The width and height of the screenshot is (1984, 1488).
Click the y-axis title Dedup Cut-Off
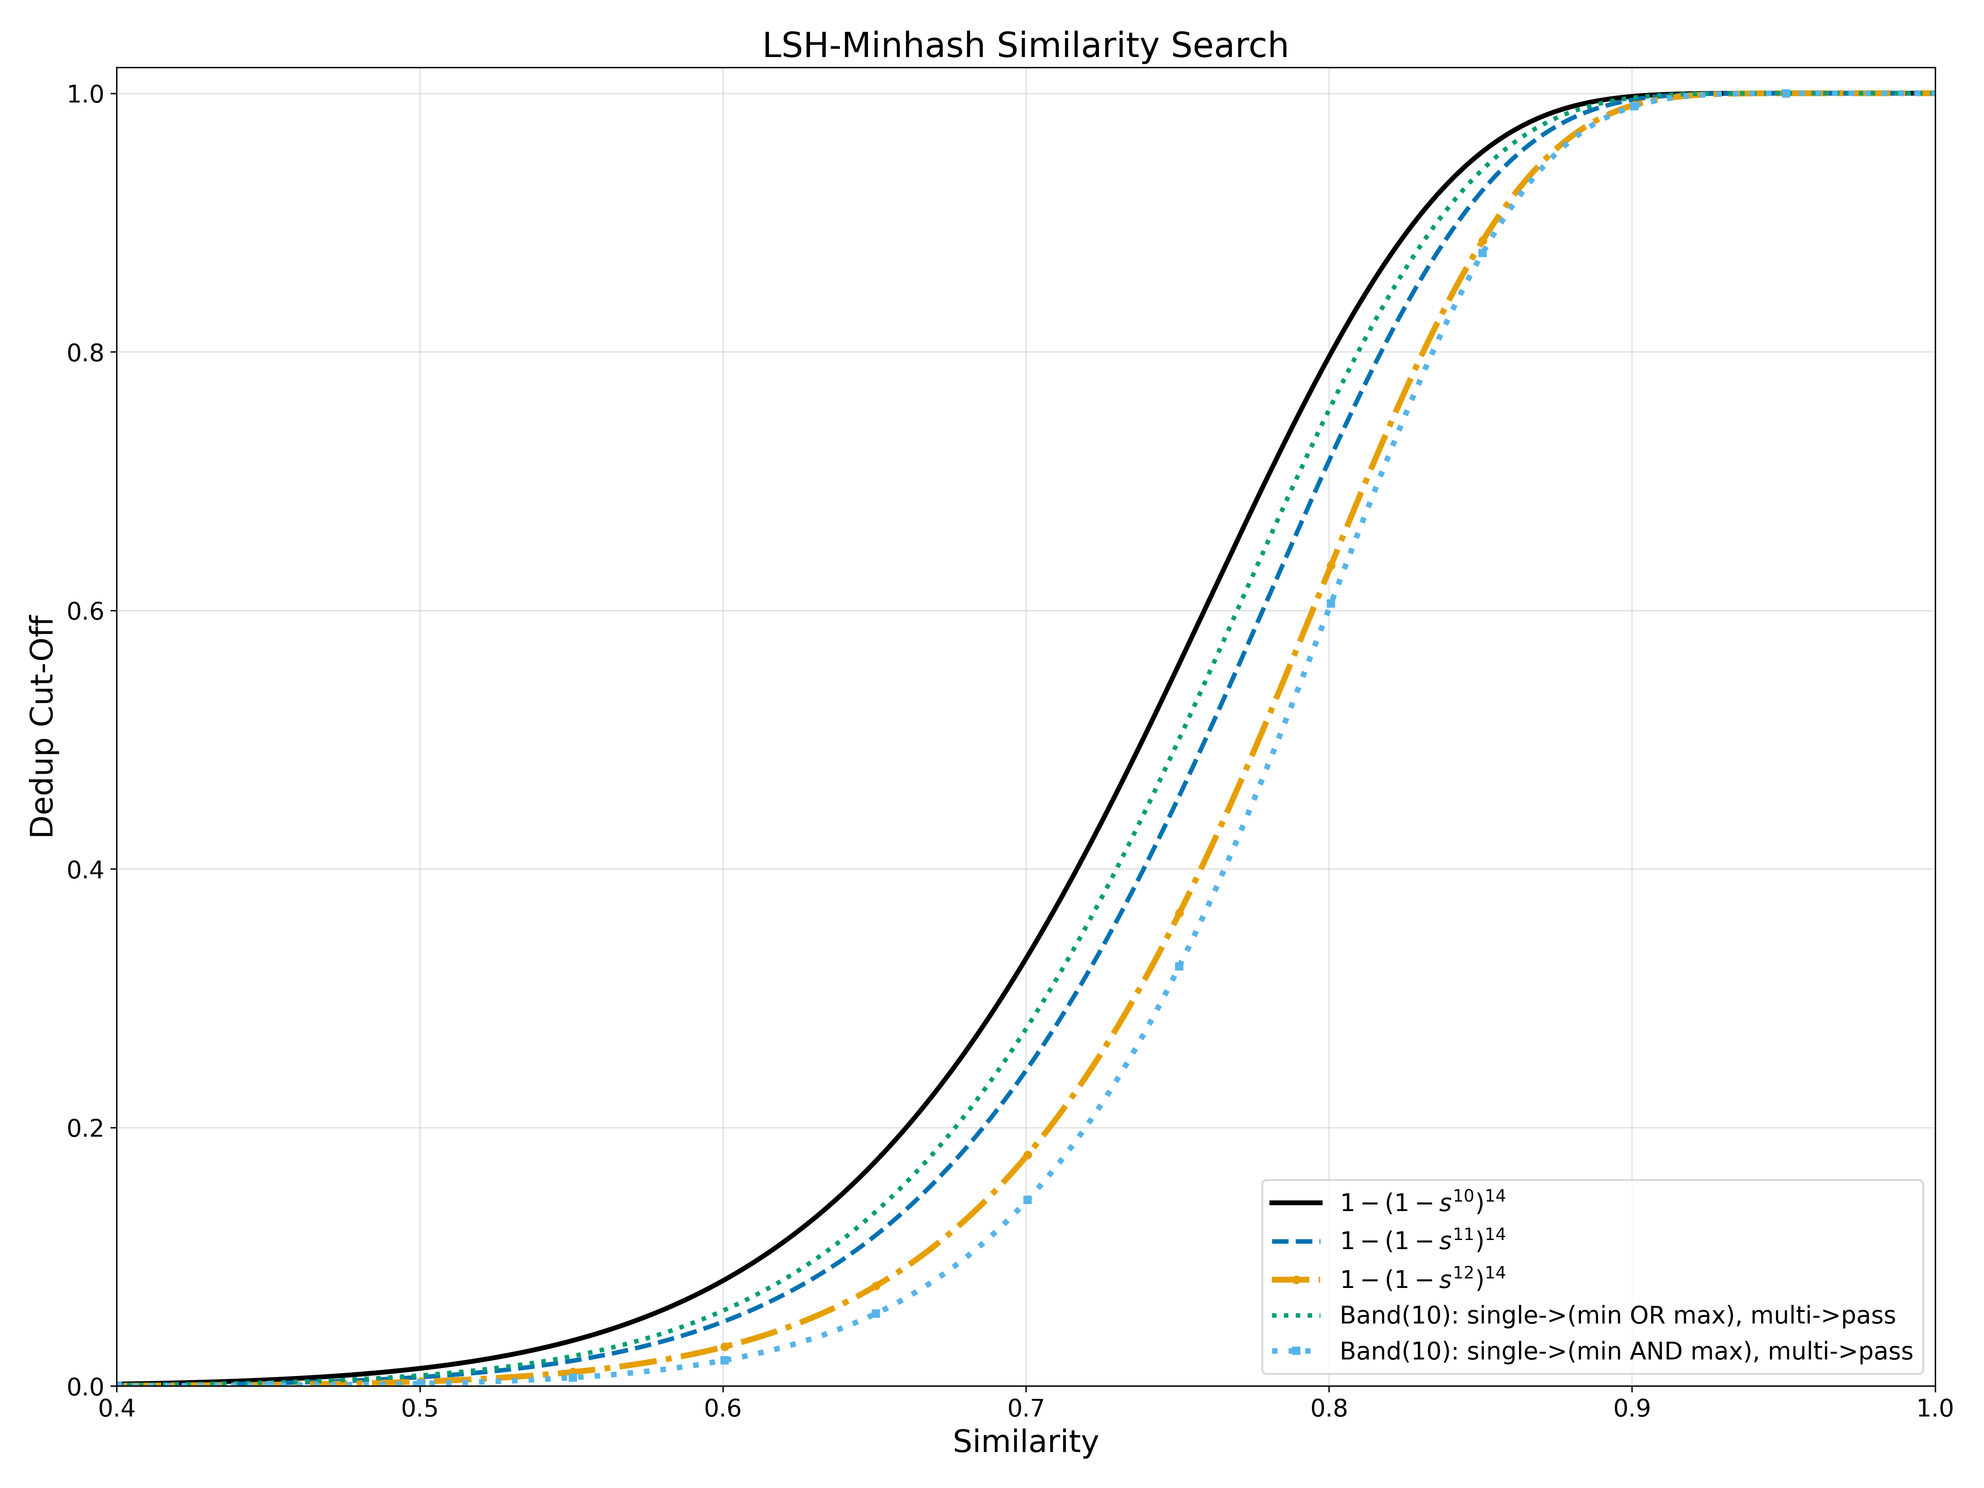point(42,727)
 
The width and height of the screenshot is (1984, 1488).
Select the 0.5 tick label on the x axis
point(420,1409)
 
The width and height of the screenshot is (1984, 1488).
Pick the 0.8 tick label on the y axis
point(86,353)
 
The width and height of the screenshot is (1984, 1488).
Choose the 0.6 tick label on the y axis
point(86,611)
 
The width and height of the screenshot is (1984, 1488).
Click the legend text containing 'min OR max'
point(1617,1316)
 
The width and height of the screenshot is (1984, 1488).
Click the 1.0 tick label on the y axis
point(86,94)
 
